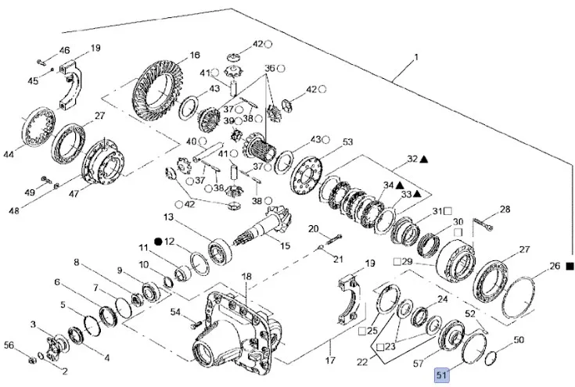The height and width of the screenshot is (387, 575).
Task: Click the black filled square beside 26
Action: (570, 267)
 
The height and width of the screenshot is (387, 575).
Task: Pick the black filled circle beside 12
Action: (157, 242)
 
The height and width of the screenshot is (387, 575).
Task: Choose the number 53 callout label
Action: (347, 142)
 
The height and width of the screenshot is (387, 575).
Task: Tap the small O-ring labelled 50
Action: (491, 359)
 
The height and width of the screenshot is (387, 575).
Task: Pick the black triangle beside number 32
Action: (424, 159)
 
